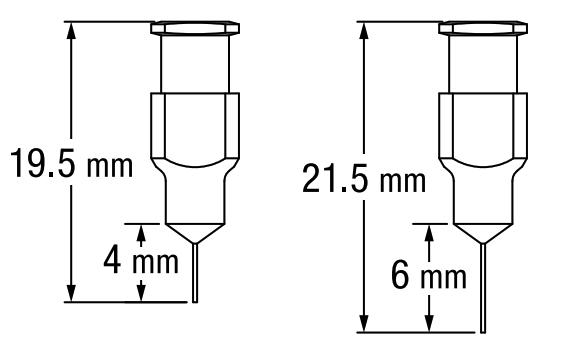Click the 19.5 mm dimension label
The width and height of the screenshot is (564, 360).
68,163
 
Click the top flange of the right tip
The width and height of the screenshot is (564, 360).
484,28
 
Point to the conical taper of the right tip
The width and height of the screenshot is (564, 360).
484,231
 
